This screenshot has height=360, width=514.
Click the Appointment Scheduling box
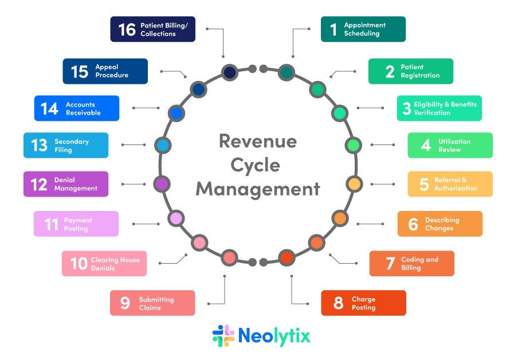(x=363, y=29)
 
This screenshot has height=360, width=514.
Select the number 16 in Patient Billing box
(x=127, y=29)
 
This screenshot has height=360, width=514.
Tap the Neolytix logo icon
(x=223, y=335)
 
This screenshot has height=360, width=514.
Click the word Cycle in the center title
(x=256, y=165)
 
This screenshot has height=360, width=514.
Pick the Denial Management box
(x=66, y=184)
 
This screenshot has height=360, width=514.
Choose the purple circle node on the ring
(x=162, y=184)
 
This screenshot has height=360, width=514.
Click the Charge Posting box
(x=363, y=303)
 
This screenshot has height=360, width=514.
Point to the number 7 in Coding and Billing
(x=390, y=263)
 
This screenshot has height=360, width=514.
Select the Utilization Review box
(x=450, y=145)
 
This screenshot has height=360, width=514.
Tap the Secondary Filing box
(x=66, y=145)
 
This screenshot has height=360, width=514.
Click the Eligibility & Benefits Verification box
(x=439, y=108)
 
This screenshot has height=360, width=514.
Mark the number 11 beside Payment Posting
(x=52, y=224)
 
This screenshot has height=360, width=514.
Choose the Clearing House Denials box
(x=104, y=264)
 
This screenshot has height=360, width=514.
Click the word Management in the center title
(x=257, y=189)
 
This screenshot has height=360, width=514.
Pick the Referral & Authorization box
(x=450, y=184)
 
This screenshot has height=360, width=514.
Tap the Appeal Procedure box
(x=105, y=71)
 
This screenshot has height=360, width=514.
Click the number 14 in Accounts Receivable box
(x=49, y=108)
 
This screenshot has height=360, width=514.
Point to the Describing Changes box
(x=440, y=224)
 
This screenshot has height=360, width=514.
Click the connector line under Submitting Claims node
(x=224, y=289)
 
